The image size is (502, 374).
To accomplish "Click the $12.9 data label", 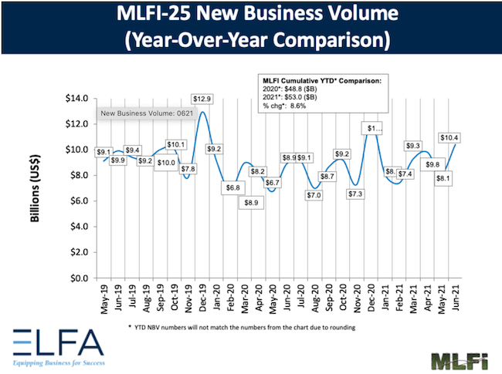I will [x=202, y=99].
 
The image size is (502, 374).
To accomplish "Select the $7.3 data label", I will [x=355, y=194].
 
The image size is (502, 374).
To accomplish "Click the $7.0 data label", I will [x=314, y=196].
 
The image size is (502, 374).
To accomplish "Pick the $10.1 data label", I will [x=175, y=143].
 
